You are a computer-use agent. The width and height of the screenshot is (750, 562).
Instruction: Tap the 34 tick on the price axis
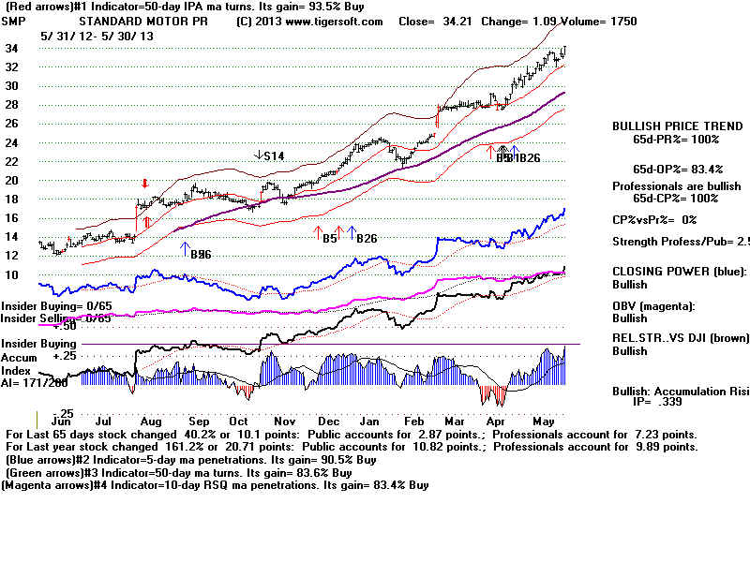[13, 48]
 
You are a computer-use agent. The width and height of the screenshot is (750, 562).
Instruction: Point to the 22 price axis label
[13, 161]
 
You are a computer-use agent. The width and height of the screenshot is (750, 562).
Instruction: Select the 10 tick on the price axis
[13, 274]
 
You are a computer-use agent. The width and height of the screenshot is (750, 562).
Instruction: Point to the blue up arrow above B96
[183, 247]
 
